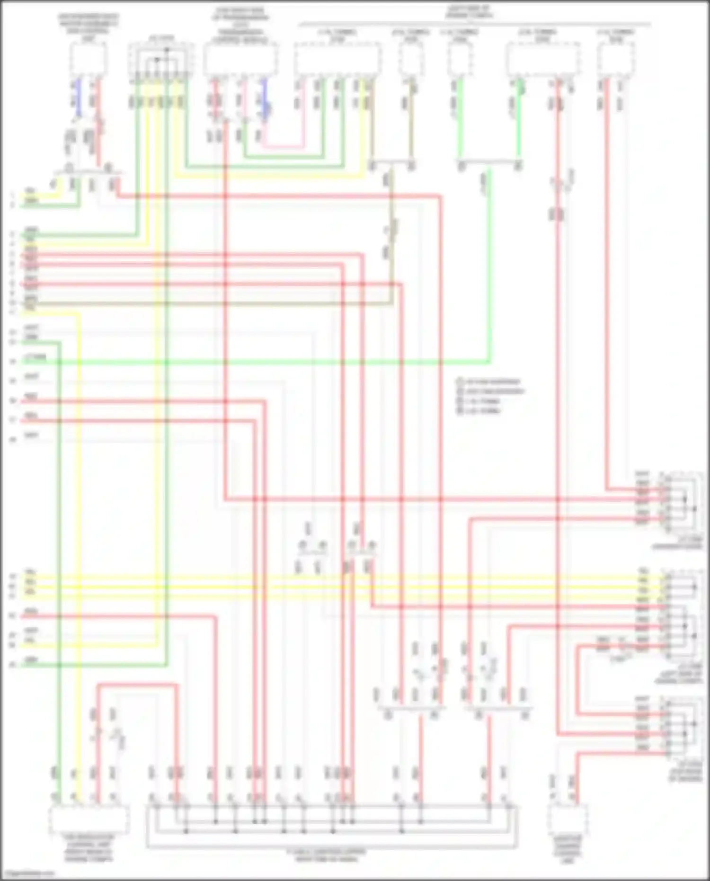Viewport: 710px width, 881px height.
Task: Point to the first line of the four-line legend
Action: pos(489,382)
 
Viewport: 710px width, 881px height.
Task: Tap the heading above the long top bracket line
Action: pos(469,12)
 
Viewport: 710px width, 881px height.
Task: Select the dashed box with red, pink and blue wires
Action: pos(240,60)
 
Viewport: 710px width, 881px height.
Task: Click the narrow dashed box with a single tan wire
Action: pos(410,60)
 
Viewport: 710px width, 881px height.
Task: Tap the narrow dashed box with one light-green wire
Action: pos(460,60)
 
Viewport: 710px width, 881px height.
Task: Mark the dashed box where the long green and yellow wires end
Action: pos(89,820)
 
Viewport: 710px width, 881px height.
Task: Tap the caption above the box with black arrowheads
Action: pos(161,37)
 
